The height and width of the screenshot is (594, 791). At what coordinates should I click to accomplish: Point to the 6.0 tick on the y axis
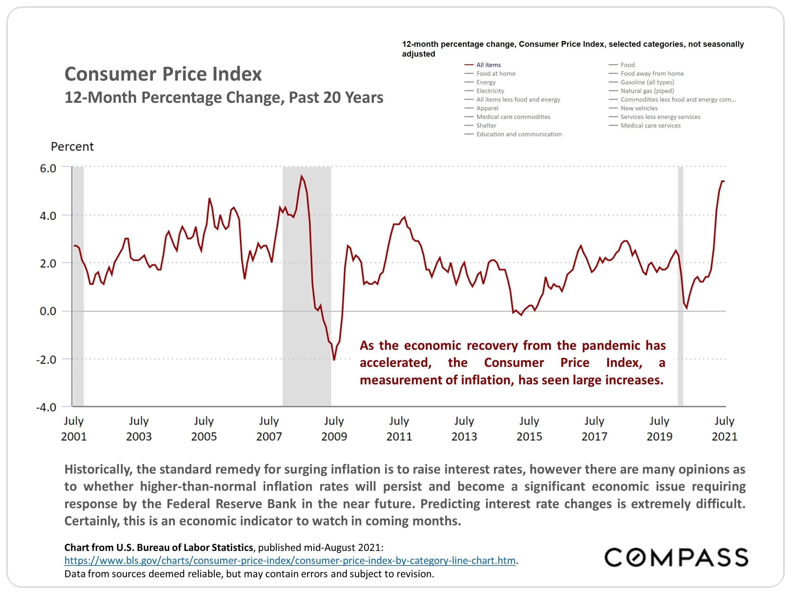(48, 168)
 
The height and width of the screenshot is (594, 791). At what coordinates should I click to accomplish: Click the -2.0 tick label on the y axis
(46, 360)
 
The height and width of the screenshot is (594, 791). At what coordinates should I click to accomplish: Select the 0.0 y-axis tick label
(48, 311)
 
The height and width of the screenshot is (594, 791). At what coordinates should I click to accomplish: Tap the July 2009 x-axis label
(334, 429)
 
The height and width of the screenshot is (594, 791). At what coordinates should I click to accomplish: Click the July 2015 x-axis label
(529, 429)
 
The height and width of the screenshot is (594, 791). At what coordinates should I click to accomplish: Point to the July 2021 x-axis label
(725, 429)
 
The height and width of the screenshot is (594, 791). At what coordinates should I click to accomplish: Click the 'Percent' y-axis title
(72, 146)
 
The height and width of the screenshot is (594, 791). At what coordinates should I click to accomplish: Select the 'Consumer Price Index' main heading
(163, 74)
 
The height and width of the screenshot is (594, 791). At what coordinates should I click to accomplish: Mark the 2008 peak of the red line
(302, 176)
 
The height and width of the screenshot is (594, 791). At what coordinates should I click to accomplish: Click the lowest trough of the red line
(334, 360)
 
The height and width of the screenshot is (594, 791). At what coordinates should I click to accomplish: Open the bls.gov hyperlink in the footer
(290, 560)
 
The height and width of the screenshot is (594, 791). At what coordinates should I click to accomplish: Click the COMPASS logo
(676, 558)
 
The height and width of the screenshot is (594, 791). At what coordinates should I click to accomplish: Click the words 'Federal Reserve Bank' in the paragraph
(231, 504)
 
